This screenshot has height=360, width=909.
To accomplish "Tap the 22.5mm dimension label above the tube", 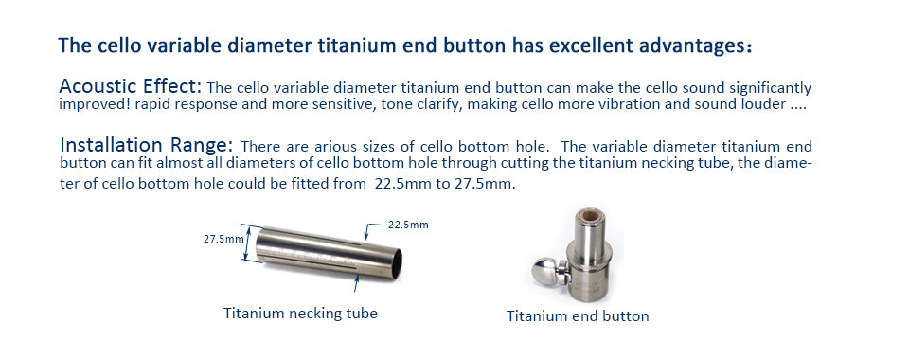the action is [408, 225].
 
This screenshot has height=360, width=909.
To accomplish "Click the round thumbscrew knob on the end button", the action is [545, 270].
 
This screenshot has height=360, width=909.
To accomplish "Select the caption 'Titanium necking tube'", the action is [300, 314].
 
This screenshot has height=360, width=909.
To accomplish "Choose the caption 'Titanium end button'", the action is [578, 315].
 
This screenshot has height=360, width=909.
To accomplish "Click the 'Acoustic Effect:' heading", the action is [131, 87].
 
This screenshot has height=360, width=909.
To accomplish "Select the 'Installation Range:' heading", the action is [146, 144].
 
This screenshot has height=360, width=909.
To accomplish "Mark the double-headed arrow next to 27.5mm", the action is [246, 243].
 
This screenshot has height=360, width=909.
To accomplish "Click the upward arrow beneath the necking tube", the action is [357, 283].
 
